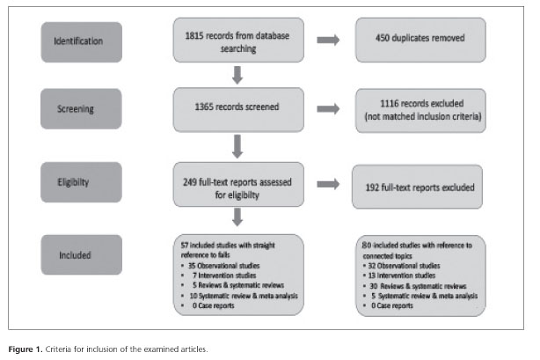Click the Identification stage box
pyautogui.click(x=81, y=42)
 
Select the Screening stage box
pyautogui.click(x=81, y=109)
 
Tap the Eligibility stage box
pyautogui.click(x=81, y=182)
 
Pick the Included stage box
pyautogui.click(x=81, y=255)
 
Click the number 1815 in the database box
pyautogui.click(x=194, y=36)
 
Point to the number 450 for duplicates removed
pyautogui.click(x=383, y=38)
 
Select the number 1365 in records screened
pyautogui.click(x=204, y=107)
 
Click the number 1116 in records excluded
pyautogui.click(x=389, y=104)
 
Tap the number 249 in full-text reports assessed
pyautogui.click(x=190, y=182)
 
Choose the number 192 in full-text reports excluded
pyautogui.click(x=372, y=187)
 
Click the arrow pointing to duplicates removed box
pyautogui.click(x=328, y=40)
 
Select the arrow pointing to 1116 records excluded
pyautogui.click(x=328, y=109)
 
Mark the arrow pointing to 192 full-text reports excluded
pyautogui.click(x=328, y=184)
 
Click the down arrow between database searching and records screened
pyautogui.click(x=237, y=75)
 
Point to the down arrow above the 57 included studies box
pyautogui.click(x=237, y=217)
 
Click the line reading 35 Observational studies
pyautogui.click(x=224, y=266)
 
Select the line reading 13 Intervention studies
pyautogui.click(x=402, y=276)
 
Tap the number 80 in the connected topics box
pyautogui.click(x=367, y=246)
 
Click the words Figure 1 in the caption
pyautogui.click(x=26, y=349)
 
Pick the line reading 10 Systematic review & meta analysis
pyautogui.click(x=244, y=296)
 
